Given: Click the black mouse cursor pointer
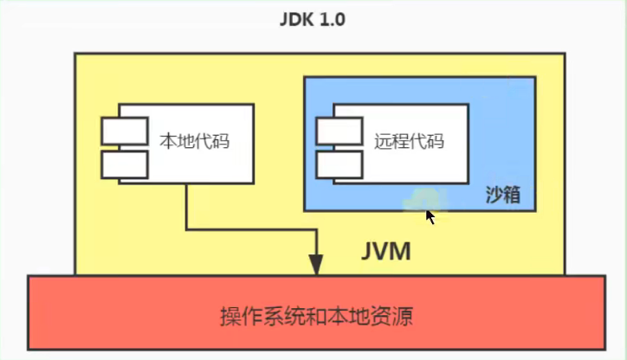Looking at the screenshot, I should (430, 216).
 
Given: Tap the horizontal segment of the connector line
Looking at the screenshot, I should (251, 230).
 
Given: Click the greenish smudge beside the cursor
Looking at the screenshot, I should (421, 199).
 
